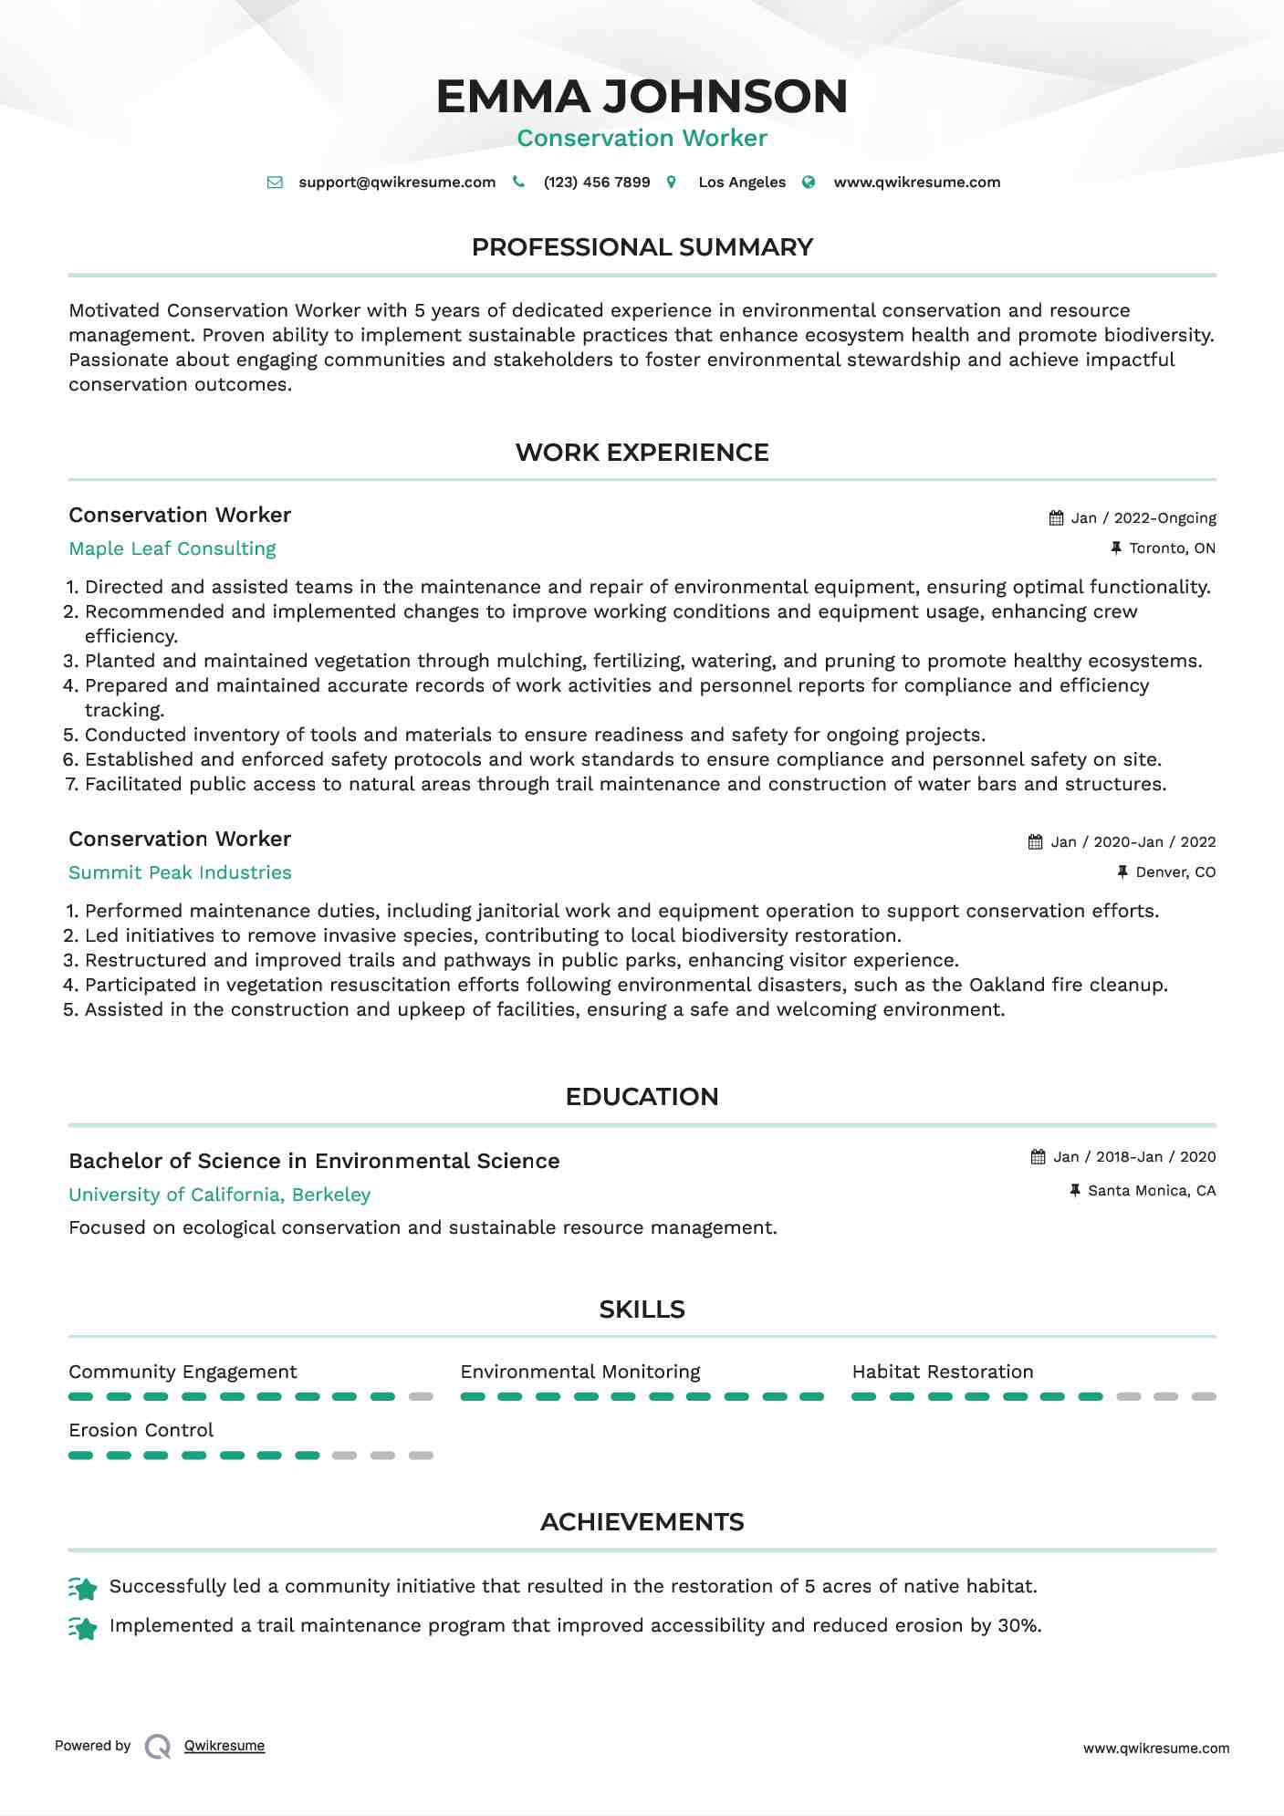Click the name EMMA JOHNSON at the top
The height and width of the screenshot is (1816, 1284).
pyautogui.click(x=642, y=97)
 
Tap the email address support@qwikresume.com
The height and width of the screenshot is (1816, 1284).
pyautogui.click(x=397, y=183)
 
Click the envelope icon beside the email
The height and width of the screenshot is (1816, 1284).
pyautogui.click(x=275, y=183)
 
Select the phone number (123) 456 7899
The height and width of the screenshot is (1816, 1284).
pyautogui.click(x=597, y=183)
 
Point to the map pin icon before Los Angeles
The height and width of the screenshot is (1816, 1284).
pyautogui.click(x=672, y=183)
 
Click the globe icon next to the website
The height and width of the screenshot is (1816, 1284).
pyautogui.click(x=809, y=183)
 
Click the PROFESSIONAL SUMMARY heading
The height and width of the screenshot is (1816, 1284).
pyautogui.click(x=642, y=247)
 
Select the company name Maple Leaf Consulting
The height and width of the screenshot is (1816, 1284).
pyautogui.click(x=172, y=548)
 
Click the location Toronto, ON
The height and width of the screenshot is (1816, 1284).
pyautogui.click(x=1172, y=548)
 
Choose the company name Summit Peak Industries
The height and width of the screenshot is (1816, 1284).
pyautogui.click(x=180, y=872)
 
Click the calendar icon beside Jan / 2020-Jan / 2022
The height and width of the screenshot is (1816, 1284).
pyautogui.click(x=1035, y=842)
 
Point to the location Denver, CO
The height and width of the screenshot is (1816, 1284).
pyautogui.click(x=1175, y=872)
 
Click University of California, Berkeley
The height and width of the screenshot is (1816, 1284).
pyautogui.click(x=219, y=1195)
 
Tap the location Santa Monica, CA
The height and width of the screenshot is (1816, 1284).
pyautogui.click(x=1152, y=1191)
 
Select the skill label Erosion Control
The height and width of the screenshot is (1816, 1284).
pyautogui.click(x=141, y=1430)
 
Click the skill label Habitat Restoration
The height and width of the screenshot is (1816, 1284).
pyautogui.click(x=943, y=1372)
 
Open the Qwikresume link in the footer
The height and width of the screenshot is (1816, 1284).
pyautogui.click(x=224, y=1746)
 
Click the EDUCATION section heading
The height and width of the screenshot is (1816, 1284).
pyautogui.click(x=642, y=1097)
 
